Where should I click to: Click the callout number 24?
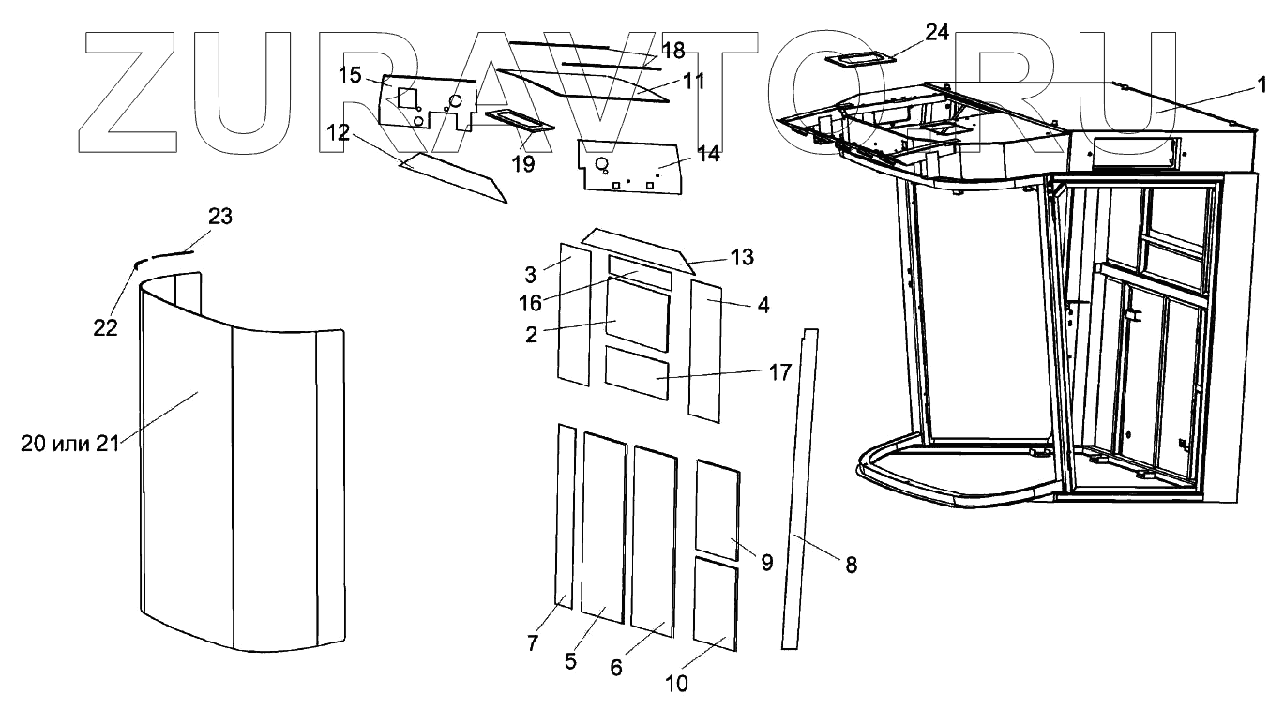coord(936,33)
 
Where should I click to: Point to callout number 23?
coord(219,217)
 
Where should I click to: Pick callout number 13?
coord(741,257)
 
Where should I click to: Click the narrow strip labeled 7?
coord(565,516)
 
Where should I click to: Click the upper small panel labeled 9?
coord(718,509)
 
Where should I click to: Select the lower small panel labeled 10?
coord(715,603)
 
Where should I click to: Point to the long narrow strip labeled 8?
coord(798,488)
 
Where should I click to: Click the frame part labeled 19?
coord(514,122)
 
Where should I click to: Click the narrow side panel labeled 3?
coord(572,314)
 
